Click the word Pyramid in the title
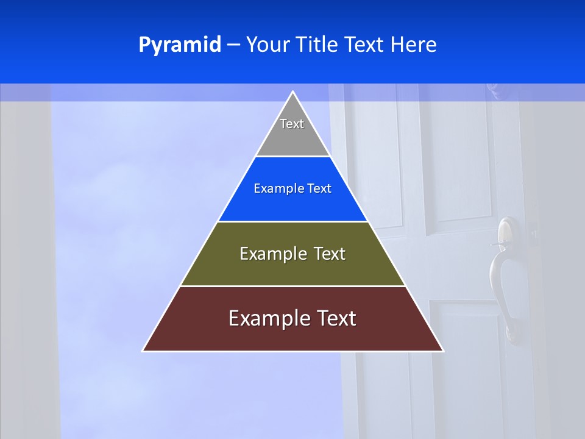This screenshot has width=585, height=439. [179, 45]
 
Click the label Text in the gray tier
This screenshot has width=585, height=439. [292, 124]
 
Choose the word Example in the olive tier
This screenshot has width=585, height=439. [272, 254]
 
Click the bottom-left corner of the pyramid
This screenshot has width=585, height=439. [144, 351]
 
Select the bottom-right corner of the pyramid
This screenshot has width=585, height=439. [442, 351]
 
